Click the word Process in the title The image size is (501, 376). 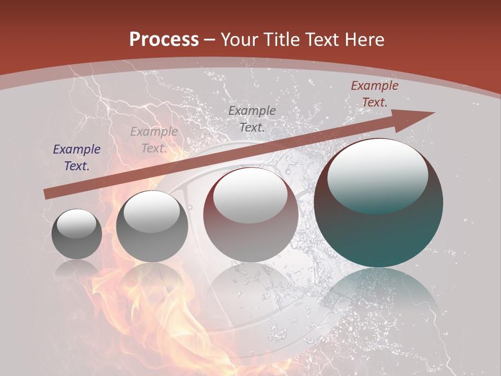pos(164,40)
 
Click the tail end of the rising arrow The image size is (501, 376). pos(47,194)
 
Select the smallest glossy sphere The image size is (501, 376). pos(77,234)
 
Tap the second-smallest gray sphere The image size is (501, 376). pos(152,226)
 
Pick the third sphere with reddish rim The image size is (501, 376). pos(250,215)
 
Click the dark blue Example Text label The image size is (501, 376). pos(77,158)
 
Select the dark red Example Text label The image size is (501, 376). pos(374,94)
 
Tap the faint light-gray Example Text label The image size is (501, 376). pos(154,140)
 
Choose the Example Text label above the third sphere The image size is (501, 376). pos(252,119)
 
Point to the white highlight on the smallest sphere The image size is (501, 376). pos(76,223)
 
